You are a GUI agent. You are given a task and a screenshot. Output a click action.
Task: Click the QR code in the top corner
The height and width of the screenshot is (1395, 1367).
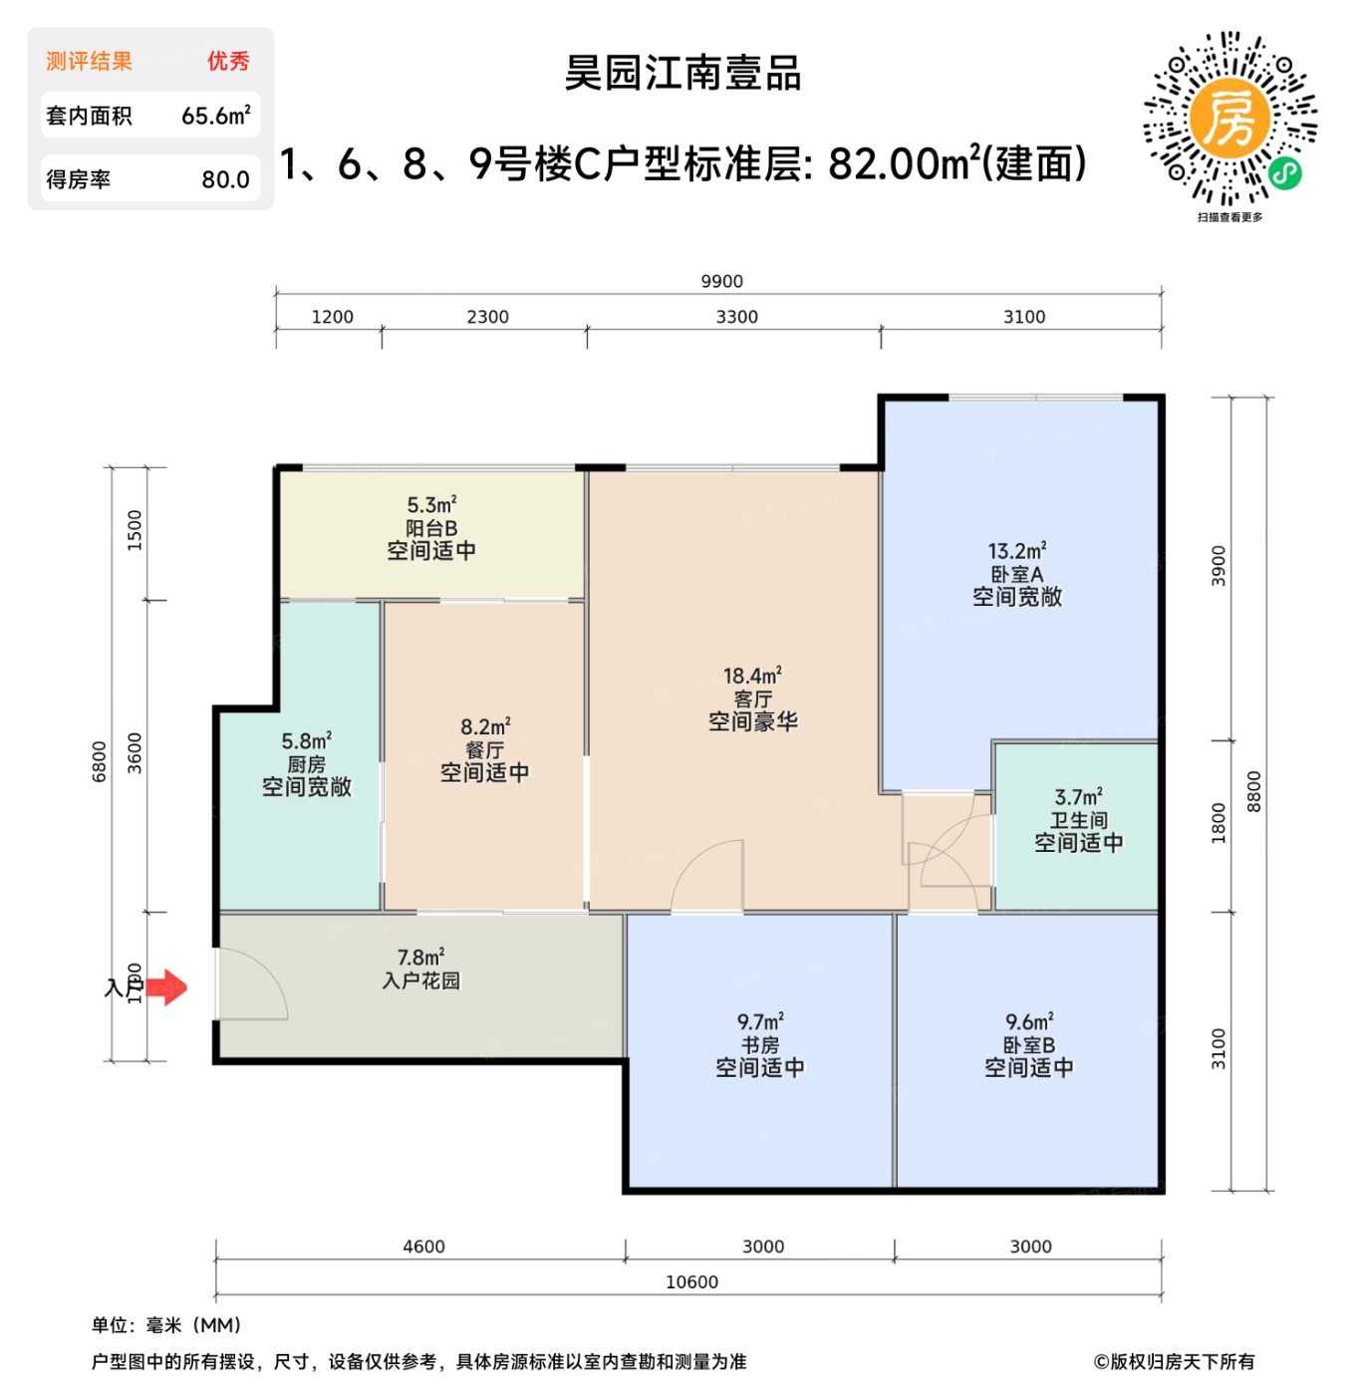click(x=1230, y=119)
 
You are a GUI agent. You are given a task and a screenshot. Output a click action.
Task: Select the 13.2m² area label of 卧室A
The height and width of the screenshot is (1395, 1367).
click(x=1016, y=551)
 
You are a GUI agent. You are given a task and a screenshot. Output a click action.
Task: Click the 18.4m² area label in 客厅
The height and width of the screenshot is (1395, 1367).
click(x=752, y=676)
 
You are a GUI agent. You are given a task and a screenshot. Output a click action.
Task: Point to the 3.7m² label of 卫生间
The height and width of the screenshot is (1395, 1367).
click(x=1078, y=797)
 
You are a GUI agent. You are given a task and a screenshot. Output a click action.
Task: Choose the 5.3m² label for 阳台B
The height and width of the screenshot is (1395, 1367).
click(x=431, y=505)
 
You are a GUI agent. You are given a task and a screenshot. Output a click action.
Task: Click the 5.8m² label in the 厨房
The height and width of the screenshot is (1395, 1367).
click(x=306, y=741)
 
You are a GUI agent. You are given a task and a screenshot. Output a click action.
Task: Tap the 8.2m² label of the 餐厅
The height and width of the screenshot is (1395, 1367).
click(x=485, y=726)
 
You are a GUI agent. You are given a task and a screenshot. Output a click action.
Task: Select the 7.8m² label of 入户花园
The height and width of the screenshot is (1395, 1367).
click(x=420, y=958)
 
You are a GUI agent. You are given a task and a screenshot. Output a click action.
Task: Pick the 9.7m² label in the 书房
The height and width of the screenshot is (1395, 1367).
click(x=760, y=1022)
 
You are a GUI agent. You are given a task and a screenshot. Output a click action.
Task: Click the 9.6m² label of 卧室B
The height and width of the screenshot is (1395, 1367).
click(x=1029, y=1022)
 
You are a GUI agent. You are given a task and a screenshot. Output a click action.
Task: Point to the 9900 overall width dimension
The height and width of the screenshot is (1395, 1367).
click(x=721, y=282)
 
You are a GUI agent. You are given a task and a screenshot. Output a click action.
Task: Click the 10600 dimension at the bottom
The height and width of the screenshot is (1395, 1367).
click(x=691, y=1282)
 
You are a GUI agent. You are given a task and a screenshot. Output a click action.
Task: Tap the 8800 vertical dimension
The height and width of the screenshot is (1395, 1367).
click(x=1253, y=792)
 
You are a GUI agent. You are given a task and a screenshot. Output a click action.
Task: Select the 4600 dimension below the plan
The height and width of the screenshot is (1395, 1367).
click(x=423, y=1247)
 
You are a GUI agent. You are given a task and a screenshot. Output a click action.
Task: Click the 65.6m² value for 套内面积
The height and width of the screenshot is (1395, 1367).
click(x=215, y=116)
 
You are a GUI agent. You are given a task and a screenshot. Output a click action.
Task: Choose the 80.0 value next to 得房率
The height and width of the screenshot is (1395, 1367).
click(x=225, y=179)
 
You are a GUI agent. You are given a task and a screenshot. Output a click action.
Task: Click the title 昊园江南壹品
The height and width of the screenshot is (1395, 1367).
click(x=683, y=74)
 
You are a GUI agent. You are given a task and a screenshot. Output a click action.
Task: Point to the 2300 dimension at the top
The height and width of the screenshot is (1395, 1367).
click(x=487, y=317)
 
